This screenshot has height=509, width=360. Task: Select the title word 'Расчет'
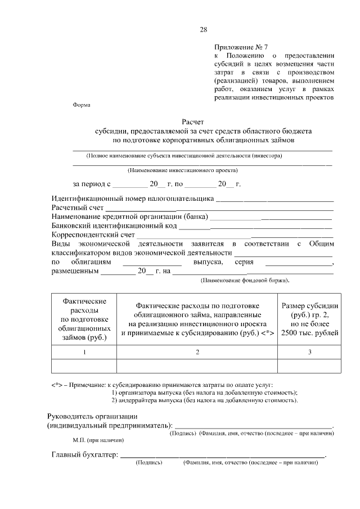(x=193, y=121)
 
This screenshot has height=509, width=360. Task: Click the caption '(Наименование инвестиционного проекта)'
(x=183, y=169)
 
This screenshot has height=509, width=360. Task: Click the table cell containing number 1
(x=84, y=352)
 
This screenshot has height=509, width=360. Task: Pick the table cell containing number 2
(x=197, y=352)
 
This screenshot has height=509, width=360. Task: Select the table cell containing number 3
(x=310, y=352)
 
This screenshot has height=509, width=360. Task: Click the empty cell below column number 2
(x=197, y=366)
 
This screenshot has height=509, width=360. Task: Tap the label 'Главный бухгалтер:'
(x=84, y=454)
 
